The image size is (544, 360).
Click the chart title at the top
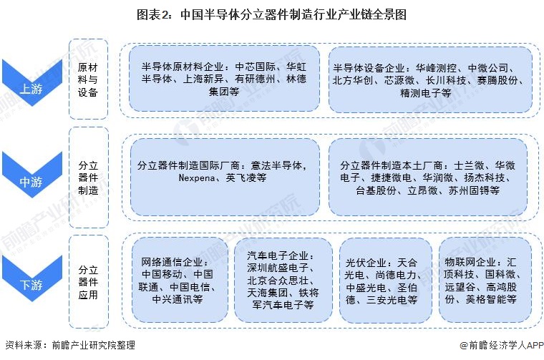pos(271,14)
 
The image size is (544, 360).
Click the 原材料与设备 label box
pos(88,79)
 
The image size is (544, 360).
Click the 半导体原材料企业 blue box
pos(224,79)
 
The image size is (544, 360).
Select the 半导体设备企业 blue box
pos(430,79)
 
